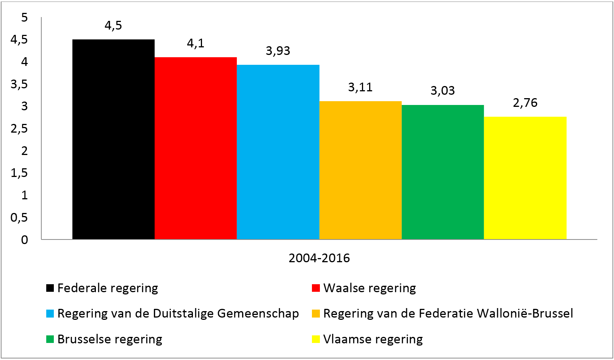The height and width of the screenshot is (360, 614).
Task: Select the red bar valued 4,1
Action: point(196,148)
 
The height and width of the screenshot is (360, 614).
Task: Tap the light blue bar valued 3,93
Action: point(278,152)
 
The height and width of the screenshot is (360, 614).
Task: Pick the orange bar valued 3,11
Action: point(360,170)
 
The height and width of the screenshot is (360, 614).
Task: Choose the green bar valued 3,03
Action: point(443,172)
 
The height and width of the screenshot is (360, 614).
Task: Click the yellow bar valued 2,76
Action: point(525,178)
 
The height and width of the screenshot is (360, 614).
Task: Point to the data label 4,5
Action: point(113,25)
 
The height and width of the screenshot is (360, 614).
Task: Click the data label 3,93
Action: point(278,51)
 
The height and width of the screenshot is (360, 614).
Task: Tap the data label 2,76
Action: point(525,103)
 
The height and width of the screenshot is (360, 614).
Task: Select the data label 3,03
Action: point(443,91)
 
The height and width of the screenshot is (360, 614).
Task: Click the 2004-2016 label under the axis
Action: point(319,258)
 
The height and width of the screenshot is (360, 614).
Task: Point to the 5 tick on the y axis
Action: point(25,17)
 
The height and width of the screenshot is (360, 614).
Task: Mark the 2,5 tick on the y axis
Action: point(19,129)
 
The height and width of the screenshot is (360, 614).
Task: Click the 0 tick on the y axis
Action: point(25,240)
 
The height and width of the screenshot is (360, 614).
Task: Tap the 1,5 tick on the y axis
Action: point(19,173)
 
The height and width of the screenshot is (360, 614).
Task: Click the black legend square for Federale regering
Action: point(50,288)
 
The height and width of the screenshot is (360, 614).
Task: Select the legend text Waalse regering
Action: point(370,288)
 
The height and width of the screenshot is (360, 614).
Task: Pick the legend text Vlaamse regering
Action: point(373,339)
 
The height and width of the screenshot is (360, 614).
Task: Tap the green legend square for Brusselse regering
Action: point(50,339)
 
